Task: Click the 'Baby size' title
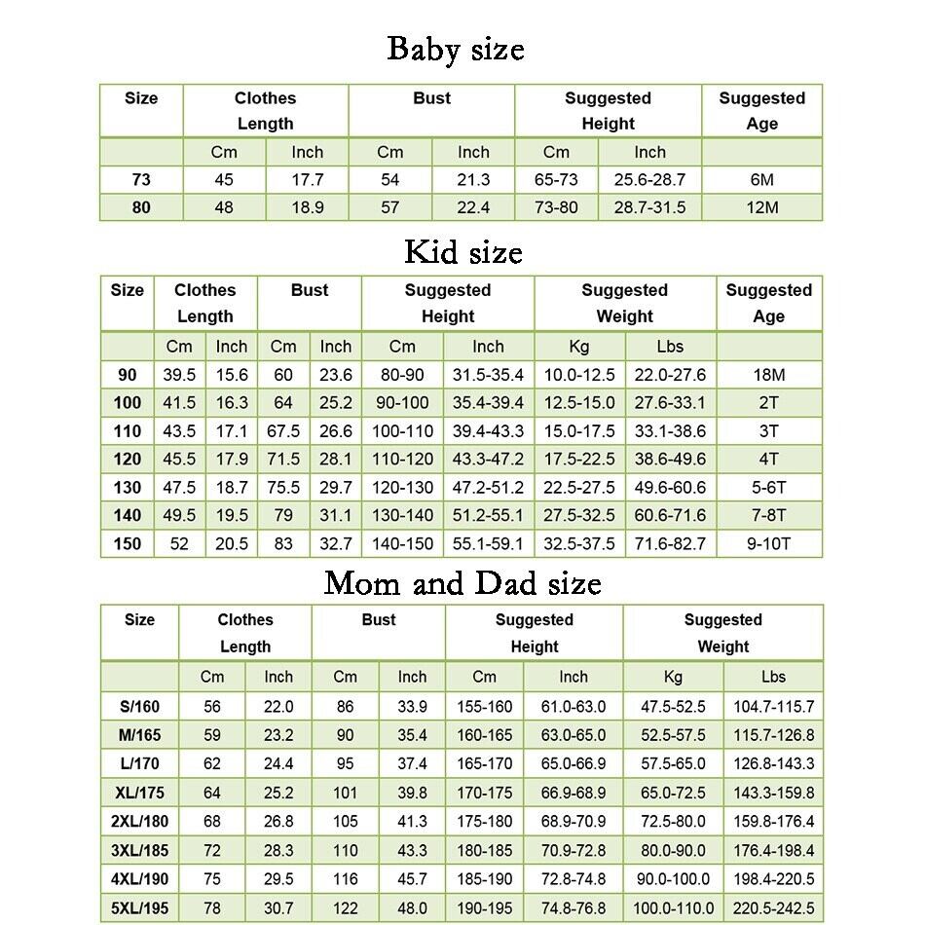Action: pyautogui.click(x=455, y=49)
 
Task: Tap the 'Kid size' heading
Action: pyautogui.click(x=463, y=252)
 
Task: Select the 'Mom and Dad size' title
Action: pyautogui.click(x=462, y=583)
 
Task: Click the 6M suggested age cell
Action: pyautogui.click(x=761, y=180)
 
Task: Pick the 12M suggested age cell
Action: pyautogui.click(x=761, y=207)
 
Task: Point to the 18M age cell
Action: pyautogui.click(x=768, y=375)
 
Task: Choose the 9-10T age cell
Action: pyautogui.click(x=768, y=544)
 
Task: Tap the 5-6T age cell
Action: pyautogui.click(x=768, y=488)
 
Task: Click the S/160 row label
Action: pyautogui.click(x=139, y=707)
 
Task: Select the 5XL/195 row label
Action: pyautogui.click(x=139, y=908)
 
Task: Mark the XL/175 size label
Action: pyautogui.click(x=139, y=793)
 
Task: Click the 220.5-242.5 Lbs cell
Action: pyautogui.click(x=773, y=908)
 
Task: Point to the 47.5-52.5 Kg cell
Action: pyautogui.click(x=672, y=707)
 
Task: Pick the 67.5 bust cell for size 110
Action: pyautogui.click(x=283, y=431)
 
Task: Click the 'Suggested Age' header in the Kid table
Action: pyautogui.click(x=768, y=303)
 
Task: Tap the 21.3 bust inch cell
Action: pyautogui.click(x=473, y=180)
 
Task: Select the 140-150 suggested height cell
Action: pyautogui.click(x=402, y=544)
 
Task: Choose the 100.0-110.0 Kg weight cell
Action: pyautogui.click(x=672, y=908)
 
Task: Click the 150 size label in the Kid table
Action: pyautogui.click(x=128, y=544)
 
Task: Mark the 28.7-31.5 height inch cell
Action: pyautogui.click(x=649, y=207)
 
